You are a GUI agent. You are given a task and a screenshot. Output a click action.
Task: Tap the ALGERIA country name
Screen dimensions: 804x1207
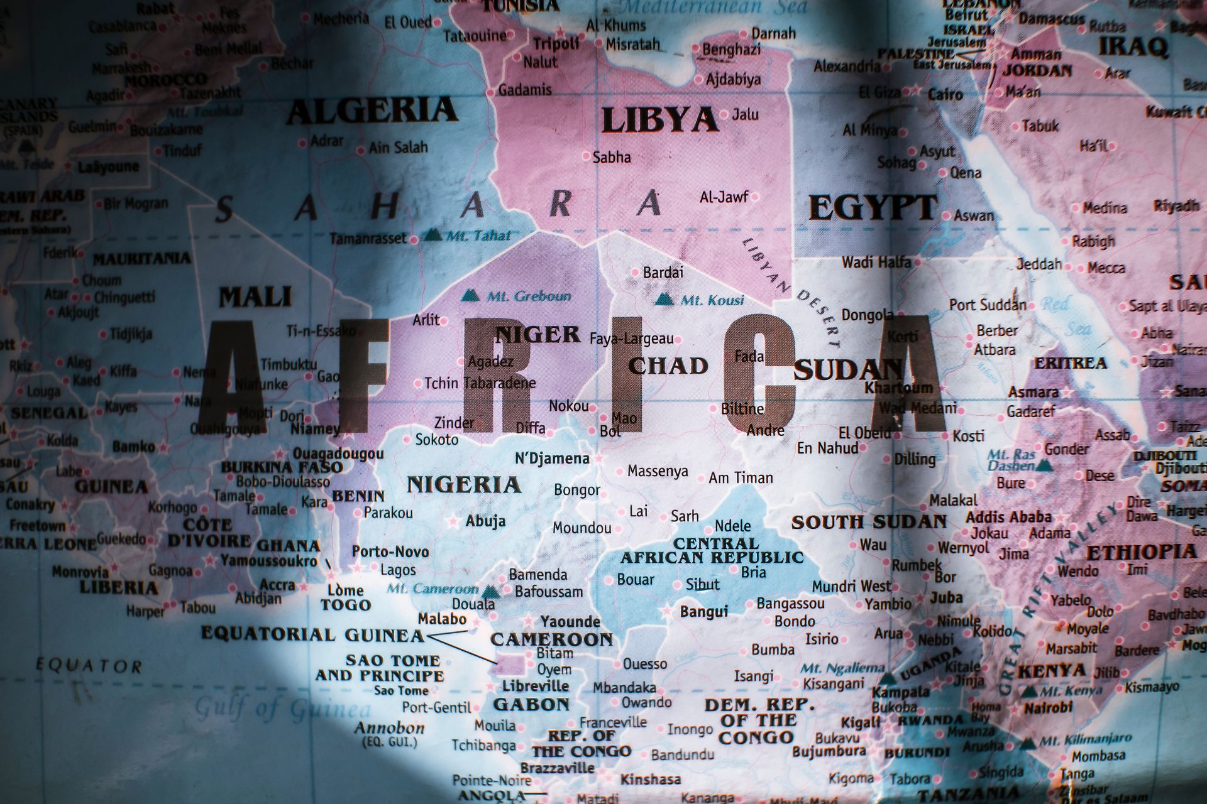(x=372, y=111)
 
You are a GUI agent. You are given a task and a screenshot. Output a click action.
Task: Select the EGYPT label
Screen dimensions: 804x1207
(x=873, y=207)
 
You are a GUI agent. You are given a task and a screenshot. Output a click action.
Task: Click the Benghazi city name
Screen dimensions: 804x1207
(x=731, y=50)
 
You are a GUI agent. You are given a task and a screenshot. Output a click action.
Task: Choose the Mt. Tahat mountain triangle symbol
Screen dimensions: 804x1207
(x=432, y=236)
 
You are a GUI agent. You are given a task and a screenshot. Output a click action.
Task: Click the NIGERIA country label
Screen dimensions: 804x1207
(x=464, y=485)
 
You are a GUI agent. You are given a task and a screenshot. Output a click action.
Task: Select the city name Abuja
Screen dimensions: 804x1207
(x=485, y=521)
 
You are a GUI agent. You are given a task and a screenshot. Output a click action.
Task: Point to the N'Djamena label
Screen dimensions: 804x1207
(x=552, y=459)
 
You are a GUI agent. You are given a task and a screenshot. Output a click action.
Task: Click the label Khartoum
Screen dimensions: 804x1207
(x=898, y=387)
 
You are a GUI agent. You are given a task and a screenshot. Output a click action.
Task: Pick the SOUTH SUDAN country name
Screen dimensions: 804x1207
(x=869, y=522)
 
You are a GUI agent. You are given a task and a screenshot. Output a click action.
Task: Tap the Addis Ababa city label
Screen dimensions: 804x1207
(x=1008, y=517)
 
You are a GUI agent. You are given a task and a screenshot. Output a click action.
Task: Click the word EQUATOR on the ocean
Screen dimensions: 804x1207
(x=89, y=665)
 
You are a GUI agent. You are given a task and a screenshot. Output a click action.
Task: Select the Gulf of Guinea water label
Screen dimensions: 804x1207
(x=282, y=709)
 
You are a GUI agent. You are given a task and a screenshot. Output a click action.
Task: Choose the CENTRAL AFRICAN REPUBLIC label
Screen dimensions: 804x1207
(x=712, y=550)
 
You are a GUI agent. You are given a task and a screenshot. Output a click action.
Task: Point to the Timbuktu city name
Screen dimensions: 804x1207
(x=289, y=364)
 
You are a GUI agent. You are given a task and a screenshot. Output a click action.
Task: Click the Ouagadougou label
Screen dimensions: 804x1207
(x=338, y=454)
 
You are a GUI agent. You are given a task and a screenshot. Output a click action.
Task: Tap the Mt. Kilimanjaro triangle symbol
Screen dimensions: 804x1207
(x=1027, y=744)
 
